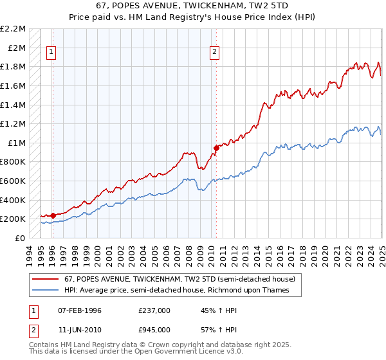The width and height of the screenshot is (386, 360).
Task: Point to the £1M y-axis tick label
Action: point(17,143)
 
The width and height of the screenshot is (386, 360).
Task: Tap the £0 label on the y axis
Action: point(21,238)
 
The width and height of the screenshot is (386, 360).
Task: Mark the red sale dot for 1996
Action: point(53,215)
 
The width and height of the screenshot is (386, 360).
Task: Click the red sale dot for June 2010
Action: point(217,148)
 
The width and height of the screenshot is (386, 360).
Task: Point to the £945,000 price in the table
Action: point(154,330)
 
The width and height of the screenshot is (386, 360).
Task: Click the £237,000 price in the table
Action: point(154,310)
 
